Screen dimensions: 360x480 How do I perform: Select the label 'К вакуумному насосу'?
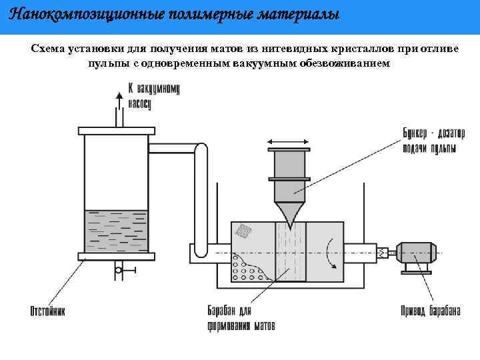153,96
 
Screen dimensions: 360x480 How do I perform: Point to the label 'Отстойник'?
47,311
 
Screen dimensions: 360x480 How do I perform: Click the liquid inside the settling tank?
117,230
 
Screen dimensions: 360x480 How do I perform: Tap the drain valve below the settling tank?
119,270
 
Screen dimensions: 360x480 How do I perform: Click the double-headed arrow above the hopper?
289,141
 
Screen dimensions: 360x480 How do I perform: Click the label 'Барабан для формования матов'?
237,318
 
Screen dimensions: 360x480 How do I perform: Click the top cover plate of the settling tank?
117,131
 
